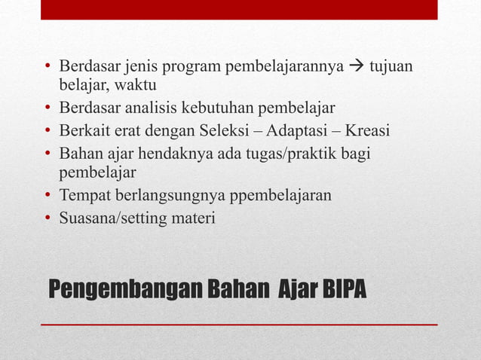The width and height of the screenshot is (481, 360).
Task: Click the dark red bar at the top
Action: coord(239,10)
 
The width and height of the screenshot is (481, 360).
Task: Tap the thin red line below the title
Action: coord(239,324)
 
